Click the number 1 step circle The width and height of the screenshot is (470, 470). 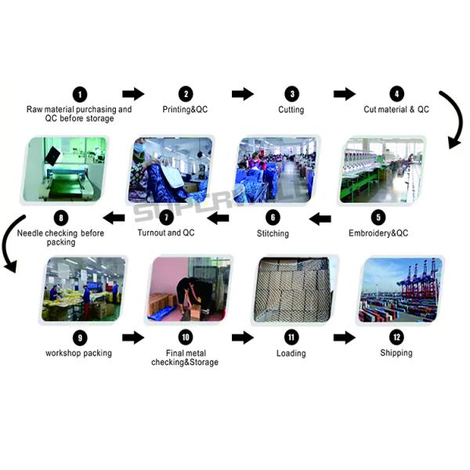pos(80,95)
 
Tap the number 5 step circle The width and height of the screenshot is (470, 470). pos(378,217)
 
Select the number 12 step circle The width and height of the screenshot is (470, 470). pos(396,337)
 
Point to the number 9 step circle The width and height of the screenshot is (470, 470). pos(80,338)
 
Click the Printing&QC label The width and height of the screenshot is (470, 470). pos(185,110)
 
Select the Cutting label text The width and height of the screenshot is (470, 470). pos(291,110)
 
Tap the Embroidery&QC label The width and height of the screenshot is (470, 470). pos(378,233)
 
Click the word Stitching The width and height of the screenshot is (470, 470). pos(273,233)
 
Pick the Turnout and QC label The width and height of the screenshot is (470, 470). pos(166,233)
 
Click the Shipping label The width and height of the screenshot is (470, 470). pos(396,352)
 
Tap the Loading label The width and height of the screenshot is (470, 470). pos(291,353)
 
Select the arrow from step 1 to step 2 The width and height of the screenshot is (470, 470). pos(133,94)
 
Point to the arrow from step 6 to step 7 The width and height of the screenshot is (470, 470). pos(218,218)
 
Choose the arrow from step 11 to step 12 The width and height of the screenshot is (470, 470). pos(345,338)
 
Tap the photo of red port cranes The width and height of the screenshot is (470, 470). pos(401,290)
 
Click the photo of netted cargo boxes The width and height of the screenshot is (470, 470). pos(294,290)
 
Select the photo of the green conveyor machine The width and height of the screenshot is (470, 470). pos(64,169)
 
